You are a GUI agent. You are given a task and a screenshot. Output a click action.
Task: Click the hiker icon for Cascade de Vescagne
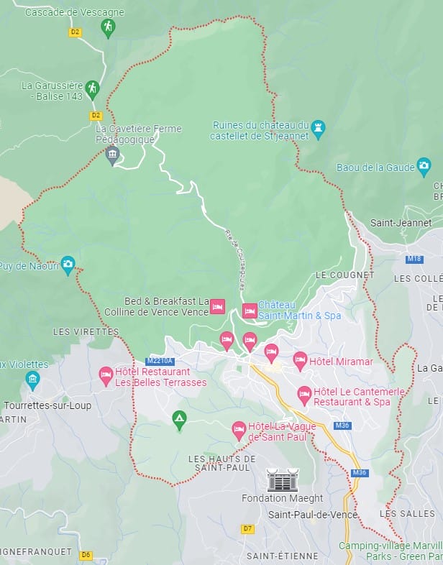pos(108,27)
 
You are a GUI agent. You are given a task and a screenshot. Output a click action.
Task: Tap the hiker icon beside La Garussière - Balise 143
pos(91,88)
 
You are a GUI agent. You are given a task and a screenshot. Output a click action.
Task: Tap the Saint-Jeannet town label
pos(401,223)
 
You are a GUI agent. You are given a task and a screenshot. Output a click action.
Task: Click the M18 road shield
pos(414,258)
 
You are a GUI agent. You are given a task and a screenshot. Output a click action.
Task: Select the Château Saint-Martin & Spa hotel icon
pos(250,311)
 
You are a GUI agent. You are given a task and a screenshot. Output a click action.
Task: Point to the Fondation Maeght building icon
pos(281,480)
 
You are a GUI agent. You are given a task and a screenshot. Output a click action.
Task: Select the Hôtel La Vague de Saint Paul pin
pos(239,431)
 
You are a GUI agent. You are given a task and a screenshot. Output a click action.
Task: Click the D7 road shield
pos(247,529)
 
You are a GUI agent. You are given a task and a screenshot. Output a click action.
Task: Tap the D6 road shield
pos(86,554)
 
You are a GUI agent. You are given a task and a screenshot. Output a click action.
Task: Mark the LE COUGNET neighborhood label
pos(345,275)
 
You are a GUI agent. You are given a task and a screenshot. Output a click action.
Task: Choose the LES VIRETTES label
pos(86,331)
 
